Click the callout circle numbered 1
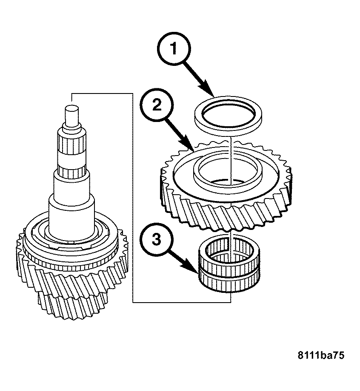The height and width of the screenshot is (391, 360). [174, 48]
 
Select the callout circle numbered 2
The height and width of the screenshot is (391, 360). [157, 105]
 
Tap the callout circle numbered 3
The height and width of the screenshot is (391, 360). [157, 239]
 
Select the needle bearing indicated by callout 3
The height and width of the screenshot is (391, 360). [229, 263]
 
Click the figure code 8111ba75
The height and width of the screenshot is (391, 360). [321, 355]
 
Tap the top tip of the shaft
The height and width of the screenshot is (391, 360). [71, 108]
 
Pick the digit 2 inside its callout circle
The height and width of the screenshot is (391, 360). [157, 105]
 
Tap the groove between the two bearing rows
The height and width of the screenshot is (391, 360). [229, 271]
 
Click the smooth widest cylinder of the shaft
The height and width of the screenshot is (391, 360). [71, 217]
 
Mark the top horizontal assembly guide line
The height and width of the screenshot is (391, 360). [102, 93]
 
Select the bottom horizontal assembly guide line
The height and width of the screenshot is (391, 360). [182, 303]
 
